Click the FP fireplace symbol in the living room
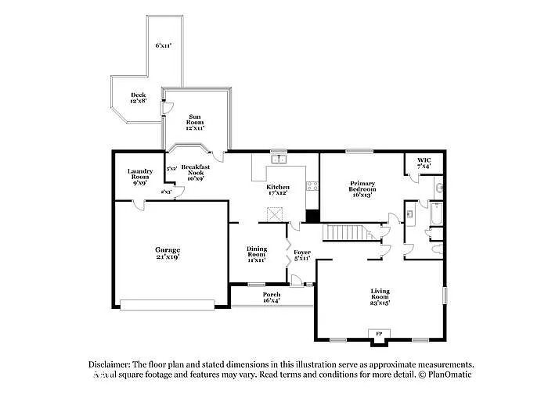pos(379,335)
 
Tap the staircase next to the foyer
pos(345,232)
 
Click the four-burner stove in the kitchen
pos(312,186)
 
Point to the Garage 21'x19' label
pos(167,253)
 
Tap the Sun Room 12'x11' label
pos(195,120)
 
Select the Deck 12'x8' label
pos(138,98)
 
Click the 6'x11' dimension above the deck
pos(163,46)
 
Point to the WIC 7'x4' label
pos(424,163)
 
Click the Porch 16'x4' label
pos(272,297)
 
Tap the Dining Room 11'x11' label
pos(257,253)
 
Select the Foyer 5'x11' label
pos(301,254)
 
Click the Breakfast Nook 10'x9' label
pos(195,172)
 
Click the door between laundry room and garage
pos(138,205)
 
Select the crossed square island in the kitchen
pos(275,214)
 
